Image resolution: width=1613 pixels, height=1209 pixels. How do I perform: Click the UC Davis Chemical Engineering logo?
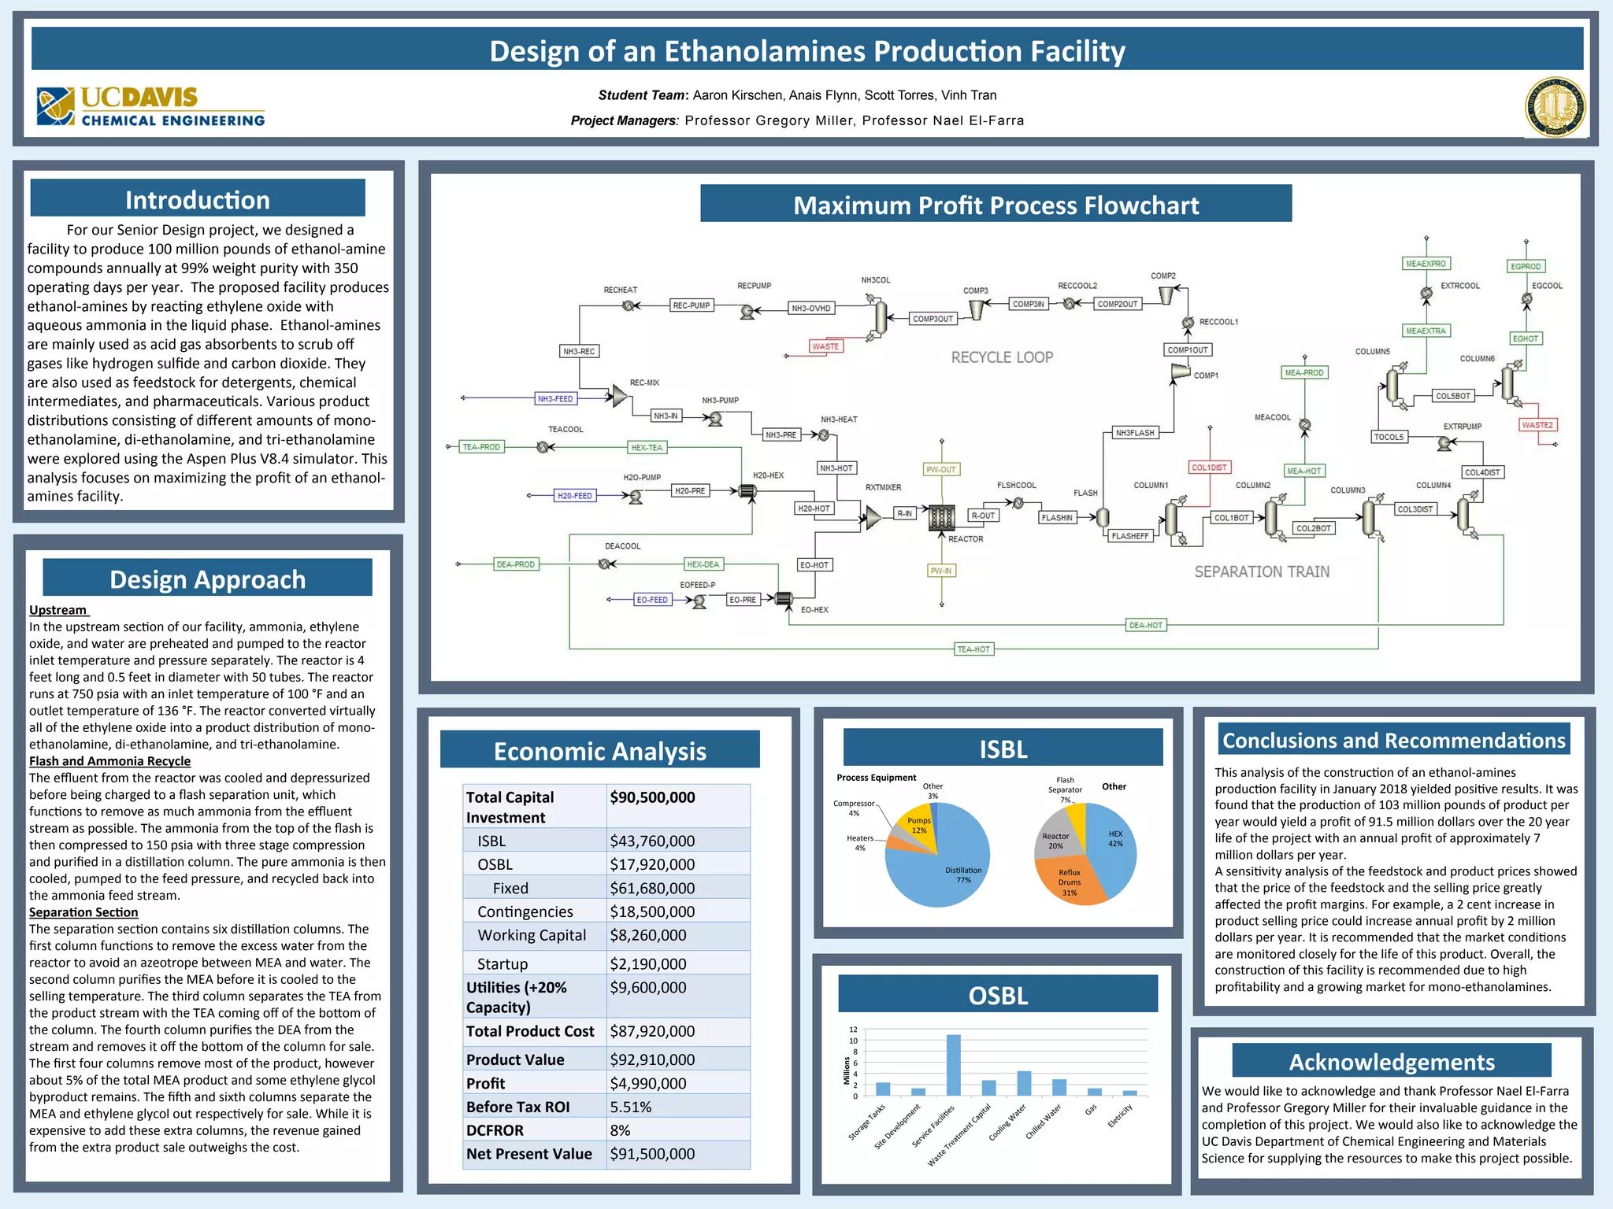[150, 107]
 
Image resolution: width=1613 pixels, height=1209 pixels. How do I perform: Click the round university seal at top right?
[1555, 107]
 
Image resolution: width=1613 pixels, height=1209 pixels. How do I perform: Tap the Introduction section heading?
[198, 199]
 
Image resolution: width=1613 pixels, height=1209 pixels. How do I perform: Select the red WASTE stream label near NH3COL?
[825, 346]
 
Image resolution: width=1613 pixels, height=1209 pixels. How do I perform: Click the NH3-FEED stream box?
[555, 399]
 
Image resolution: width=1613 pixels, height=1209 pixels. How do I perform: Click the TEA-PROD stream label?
[481, 447]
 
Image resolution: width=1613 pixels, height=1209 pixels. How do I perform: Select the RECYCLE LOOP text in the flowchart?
[1002, 357]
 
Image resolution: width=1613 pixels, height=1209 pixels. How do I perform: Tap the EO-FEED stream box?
[652, 600]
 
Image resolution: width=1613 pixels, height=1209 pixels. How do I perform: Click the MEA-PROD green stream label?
[1303, 372]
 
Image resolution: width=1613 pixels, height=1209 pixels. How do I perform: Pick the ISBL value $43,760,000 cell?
[652, 841]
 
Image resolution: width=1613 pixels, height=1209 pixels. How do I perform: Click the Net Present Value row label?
[528, 1154]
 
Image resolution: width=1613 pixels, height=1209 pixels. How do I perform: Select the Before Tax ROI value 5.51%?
[631, 1107]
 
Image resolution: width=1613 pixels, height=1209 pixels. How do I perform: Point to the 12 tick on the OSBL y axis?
[853, 1030]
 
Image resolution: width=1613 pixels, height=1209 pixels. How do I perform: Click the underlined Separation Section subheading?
[83, 912]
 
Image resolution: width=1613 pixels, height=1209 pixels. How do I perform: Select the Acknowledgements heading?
[1391, 1062]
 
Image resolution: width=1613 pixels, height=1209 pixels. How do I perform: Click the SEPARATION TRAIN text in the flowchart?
[1262, 572]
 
